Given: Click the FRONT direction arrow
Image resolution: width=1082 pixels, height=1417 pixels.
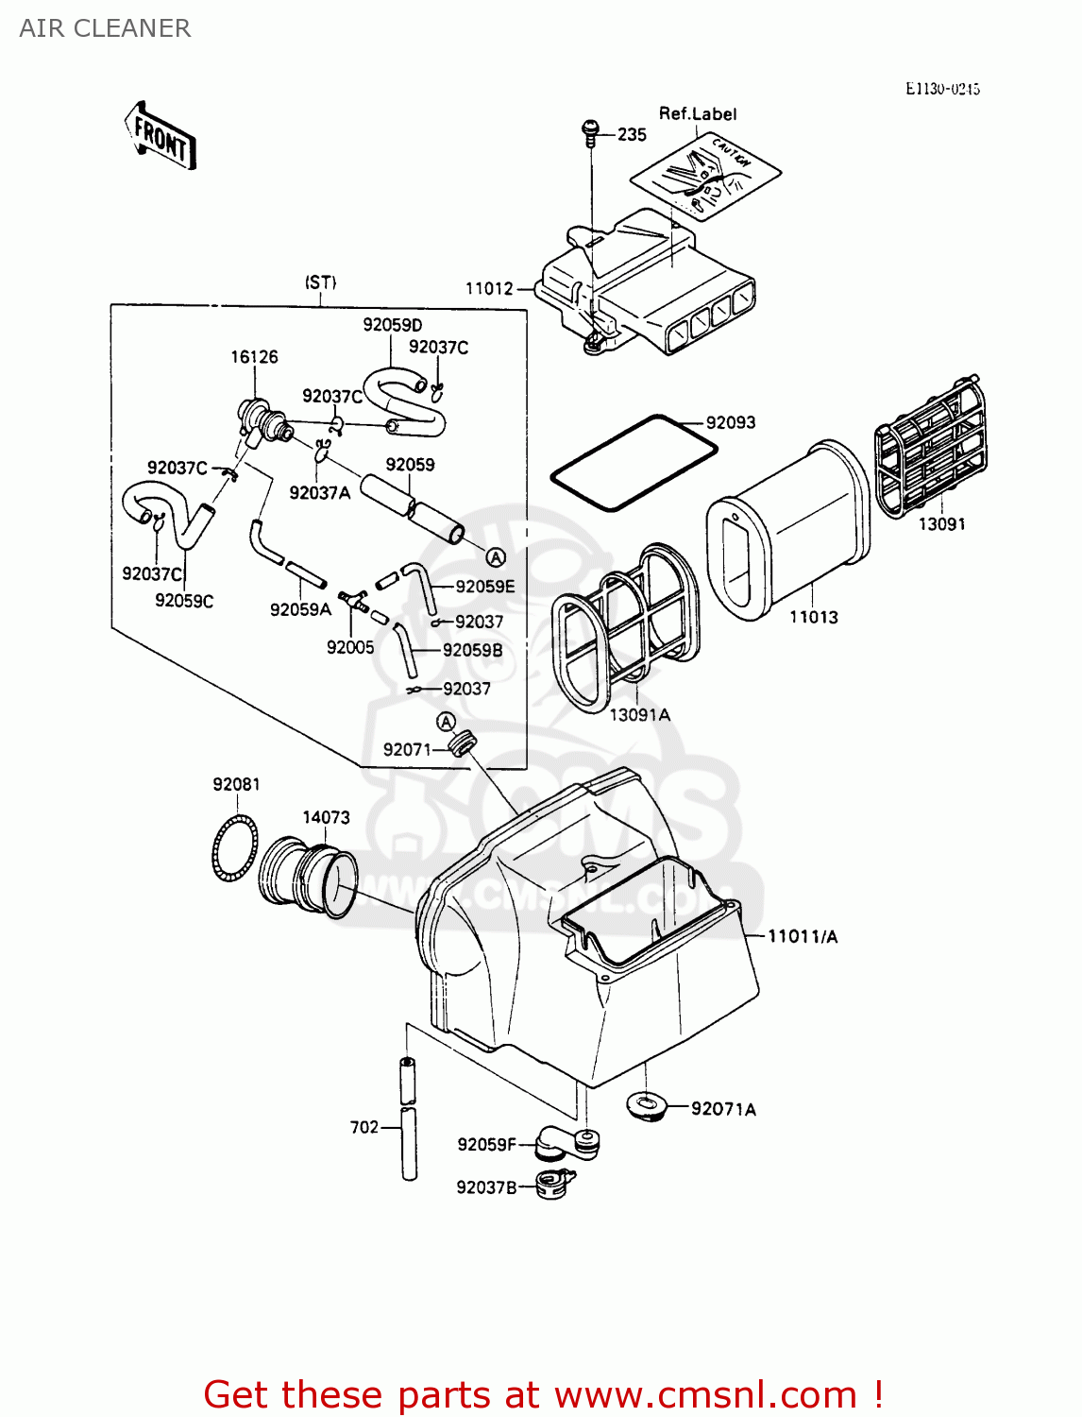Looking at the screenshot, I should (160, 137).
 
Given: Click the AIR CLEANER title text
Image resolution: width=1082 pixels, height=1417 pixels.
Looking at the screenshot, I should (105, 28).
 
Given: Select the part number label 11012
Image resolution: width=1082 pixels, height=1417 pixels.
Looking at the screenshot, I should (489, 289).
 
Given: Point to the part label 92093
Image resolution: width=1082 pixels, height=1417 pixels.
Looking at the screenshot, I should (731, 423).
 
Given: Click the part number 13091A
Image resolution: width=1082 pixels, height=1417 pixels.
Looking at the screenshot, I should (639, 715).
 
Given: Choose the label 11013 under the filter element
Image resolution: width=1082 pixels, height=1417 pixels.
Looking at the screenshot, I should (813, 618).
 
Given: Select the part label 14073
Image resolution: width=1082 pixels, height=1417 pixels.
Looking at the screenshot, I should (326, 817).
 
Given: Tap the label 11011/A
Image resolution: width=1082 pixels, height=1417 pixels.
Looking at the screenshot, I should (803, 937).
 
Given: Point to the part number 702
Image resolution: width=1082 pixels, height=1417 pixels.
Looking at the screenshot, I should (364, 1127).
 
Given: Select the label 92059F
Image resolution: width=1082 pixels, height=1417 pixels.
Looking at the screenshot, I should (486, 1145).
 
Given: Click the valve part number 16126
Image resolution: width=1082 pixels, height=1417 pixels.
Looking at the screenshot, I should (254, 357).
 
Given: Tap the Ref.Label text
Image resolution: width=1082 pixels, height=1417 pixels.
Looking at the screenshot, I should (698, 114).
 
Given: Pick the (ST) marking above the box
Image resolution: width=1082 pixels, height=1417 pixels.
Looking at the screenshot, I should (320, 282).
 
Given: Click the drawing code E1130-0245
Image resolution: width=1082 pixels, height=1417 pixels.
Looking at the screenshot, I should (942, 89).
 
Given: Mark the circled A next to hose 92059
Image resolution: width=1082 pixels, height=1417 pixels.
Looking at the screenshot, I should (496, 558).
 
